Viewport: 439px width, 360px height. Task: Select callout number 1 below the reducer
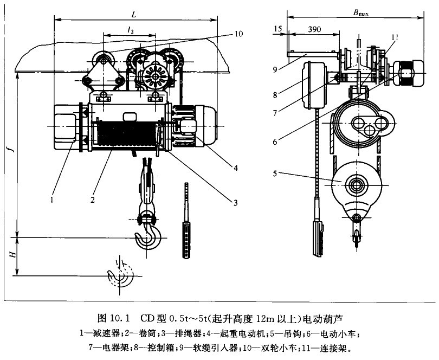point(51,199)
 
